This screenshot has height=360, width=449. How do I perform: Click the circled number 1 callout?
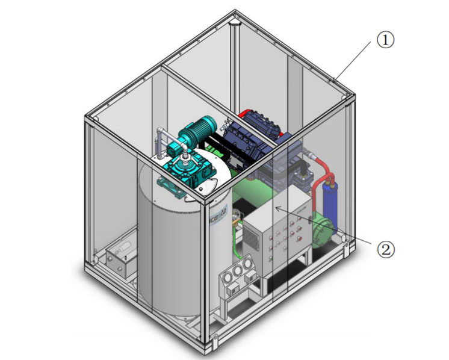click(x=385, y=40)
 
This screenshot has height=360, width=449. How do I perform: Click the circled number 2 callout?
click(x=385, y=247)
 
